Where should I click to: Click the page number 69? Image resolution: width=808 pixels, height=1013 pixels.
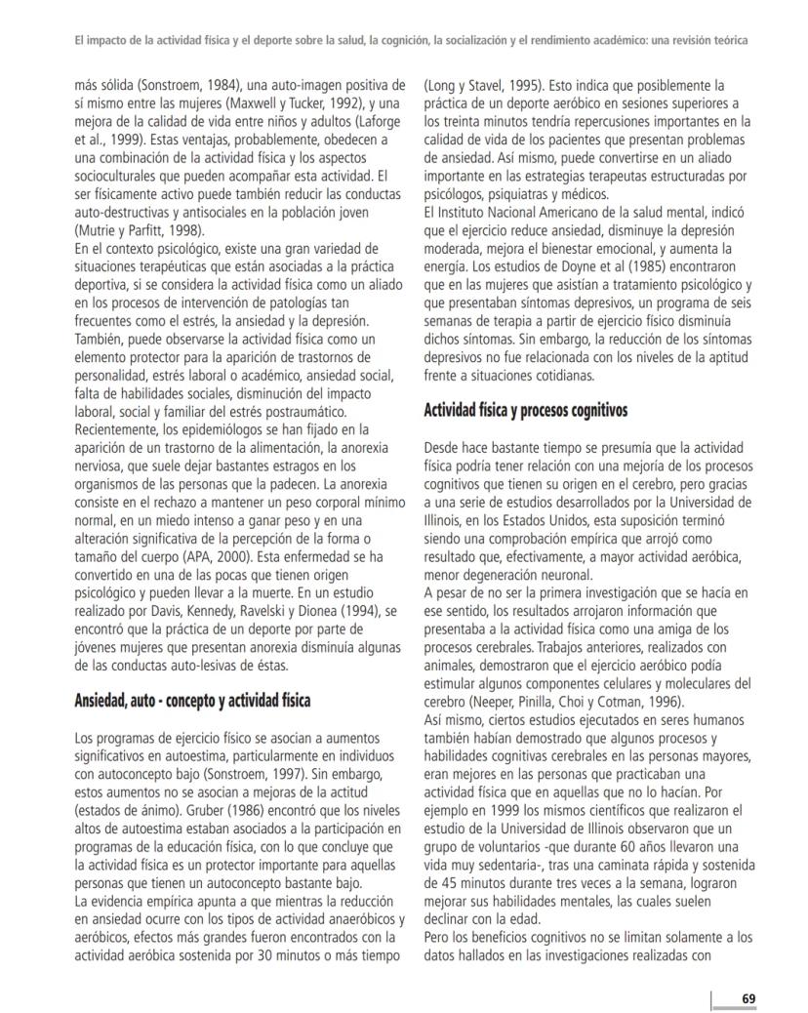tap(748, 997)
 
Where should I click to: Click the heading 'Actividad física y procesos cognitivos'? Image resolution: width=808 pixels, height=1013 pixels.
tap(525, 411)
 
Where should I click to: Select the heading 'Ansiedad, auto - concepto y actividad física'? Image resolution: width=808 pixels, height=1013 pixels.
tap(192, 700)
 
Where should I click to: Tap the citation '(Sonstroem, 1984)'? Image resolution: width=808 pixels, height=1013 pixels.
tap(186, 85)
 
